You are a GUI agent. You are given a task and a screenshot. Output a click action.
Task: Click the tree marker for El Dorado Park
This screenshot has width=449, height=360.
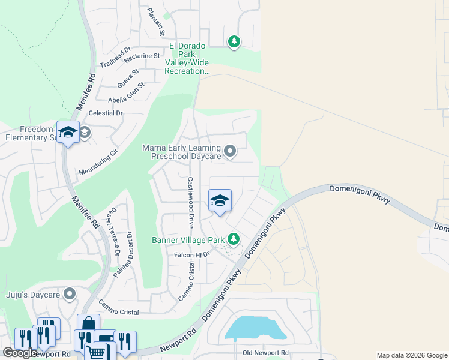234,41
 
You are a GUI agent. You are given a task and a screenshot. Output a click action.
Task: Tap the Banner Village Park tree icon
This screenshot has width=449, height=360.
234,239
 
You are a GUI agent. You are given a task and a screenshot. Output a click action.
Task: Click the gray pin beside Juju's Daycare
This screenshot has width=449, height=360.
70,294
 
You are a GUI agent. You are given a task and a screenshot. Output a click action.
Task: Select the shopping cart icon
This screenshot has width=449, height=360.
95,352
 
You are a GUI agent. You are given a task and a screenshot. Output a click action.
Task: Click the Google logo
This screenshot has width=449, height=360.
20,353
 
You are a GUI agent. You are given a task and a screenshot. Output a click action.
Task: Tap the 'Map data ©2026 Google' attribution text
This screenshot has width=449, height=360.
412,355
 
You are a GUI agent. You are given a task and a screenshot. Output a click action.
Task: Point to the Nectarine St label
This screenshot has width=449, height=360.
142,56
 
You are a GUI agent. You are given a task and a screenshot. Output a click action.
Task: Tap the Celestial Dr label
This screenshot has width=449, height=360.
106,112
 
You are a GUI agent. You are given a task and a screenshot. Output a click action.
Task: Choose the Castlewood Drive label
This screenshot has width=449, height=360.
191,202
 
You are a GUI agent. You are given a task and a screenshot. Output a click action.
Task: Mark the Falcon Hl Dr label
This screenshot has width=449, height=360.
191,254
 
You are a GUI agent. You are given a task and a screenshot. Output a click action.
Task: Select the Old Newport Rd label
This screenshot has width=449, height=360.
265,353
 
